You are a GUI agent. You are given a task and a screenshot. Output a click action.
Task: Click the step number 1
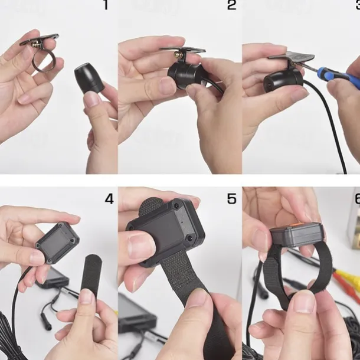pyautogui.click(x=106, y=5)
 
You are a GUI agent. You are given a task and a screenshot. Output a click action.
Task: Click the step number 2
pyautogui.click(x=231, y=5)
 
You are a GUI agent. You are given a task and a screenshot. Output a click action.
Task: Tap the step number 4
pyautogui.click(x=109, y=199)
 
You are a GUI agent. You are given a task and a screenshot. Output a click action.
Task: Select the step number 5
pyautogui.click(x=231, y=199)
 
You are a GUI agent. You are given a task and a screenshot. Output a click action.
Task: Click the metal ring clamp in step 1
pyautogui.click(x=44, y=60)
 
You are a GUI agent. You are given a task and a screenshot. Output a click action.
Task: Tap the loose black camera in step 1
pyautogui.click(x=89, y=77)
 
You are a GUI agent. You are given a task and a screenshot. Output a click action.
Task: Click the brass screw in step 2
pyautogui.click(x=177, y=55)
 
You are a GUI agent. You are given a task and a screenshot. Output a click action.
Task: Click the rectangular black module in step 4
pyautogui.click(x=57, y=243)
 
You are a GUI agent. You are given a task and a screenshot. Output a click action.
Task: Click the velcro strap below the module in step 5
pyautogui.click(x=184, y=283)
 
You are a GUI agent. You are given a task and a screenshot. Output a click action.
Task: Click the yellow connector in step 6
pyautogui.click(x=346, y=277)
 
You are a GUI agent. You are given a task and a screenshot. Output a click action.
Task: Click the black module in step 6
pyautogui.click(x=297, y=234)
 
